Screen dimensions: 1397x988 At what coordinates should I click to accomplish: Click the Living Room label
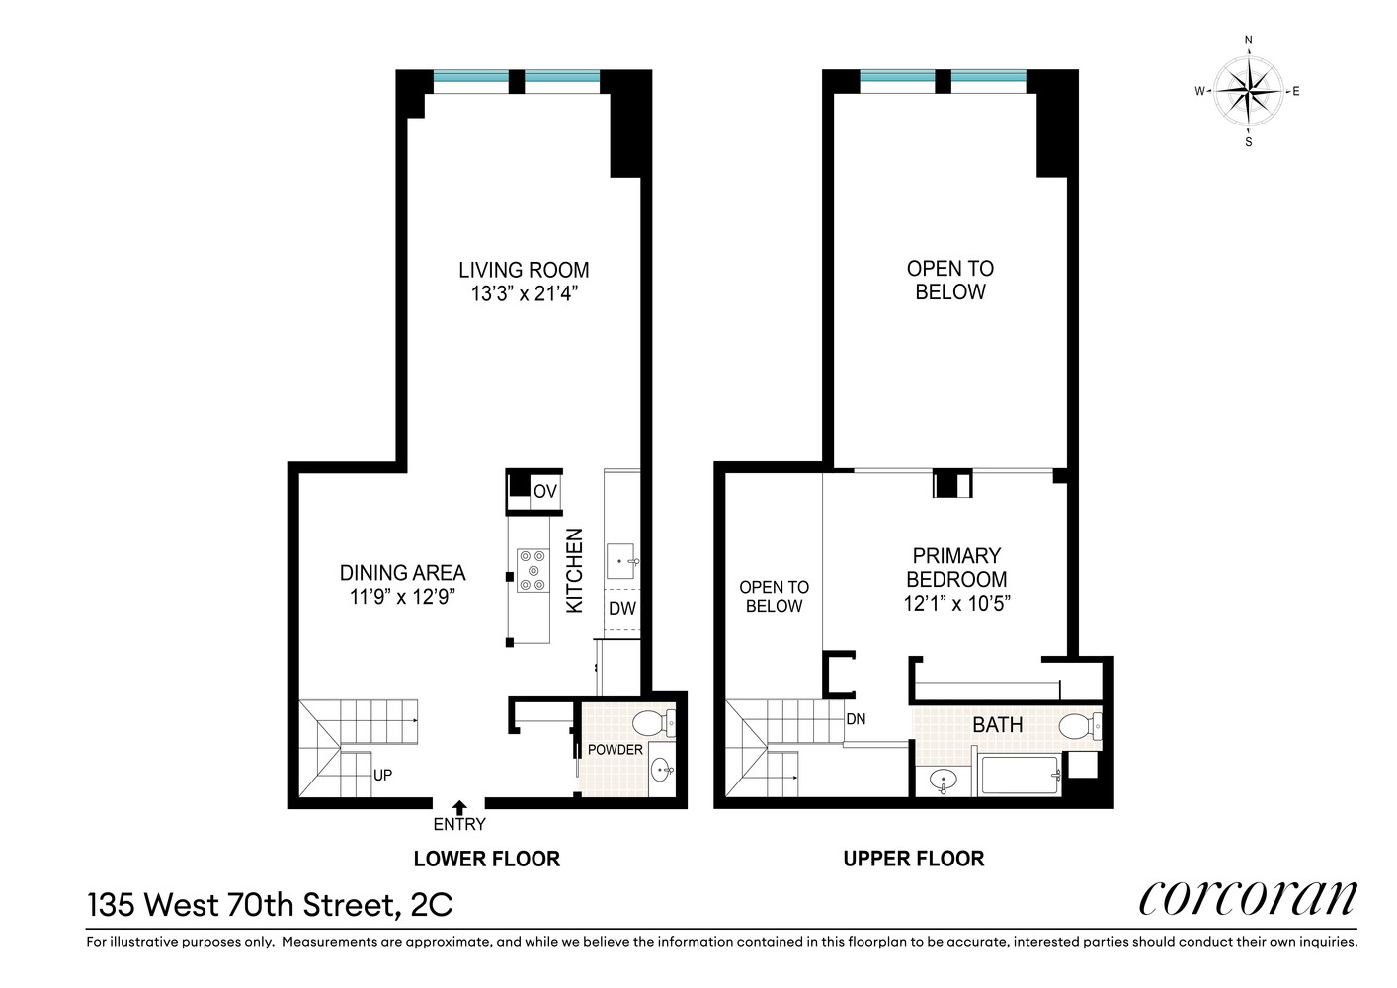pos(524,270)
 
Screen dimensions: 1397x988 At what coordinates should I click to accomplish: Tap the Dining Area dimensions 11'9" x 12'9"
pos(402,597)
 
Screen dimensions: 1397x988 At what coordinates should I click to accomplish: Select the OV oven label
pos(544,491)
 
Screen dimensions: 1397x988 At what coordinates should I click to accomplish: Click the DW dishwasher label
pos(621,609)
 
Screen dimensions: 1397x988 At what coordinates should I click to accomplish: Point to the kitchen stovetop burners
pos(534,570)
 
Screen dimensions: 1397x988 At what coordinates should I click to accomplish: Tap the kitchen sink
pos(621,561)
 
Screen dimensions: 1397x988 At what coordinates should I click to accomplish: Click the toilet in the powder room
pos(654,723)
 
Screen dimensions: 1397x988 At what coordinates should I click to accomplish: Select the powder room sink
pos(662,771)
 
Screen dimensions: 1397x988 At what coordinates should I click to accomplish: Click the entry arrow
pos(459,808)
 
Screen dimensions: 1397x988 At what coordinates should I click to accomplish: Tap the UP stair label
pos(382,775)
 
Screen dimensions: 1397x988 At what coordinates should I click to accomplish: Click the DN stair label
pos(856,719)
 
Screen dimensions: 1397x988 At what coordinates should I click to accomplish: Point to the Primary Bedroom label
pos(956,567)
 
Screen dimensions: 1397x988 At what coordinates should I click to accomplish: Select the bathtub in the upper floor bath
pos(1019,775)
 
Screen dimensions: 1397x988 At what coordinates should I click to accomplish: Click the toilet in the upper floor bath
pos(1080,726)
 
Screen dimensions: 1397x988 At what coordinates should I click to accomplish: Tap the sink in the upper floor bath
pos(943,780)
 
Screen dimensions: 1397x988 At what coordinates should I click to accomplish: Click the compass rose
pos(1248,91)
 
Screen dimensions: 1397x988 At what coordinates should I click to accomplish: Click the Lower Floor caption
pos(487,859)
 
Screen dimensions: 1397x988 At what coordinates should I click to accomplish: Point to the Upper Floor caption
pos(914,859)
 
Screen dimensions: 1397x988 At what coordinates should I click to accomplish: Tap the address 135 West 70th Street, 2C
pos(270,905)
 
